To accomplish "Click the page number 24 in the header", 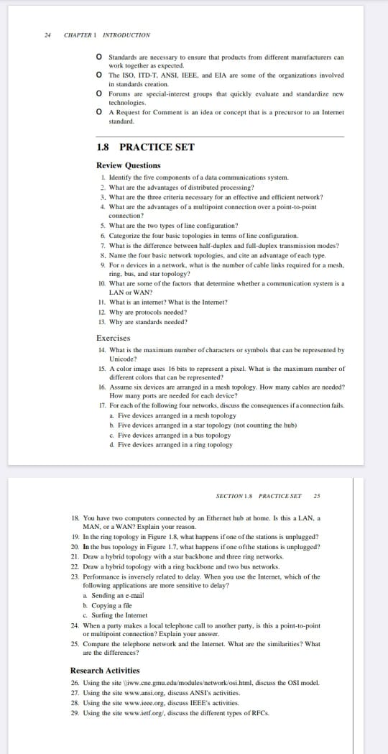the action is coord(47,35).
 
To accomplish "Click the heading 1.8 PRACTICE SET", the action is coord(144,147).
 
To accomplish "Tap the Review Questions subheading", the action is coord(128,165).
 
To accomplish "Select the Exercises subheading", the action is coord(114,338).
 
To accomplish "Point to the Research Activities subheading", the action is coord(105,671).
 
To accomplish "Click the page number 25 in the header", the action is coord(317,496).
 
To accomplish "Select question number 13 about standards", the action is coord(102,321).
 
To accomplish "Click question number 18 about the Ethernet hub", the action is coord(76,518).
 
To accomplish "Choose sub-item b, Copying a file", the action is coord(86,605).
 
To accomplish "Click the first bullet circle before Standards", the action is coord(100,56).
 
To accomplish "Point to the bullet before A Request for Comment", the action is coord(100,112).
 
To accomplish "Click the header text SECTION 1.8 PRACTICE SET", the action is coord(258,496).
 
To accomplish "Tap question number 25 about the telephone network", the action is coord(75,644).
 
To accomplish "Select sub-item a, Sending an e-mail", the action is coord(86,596).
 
